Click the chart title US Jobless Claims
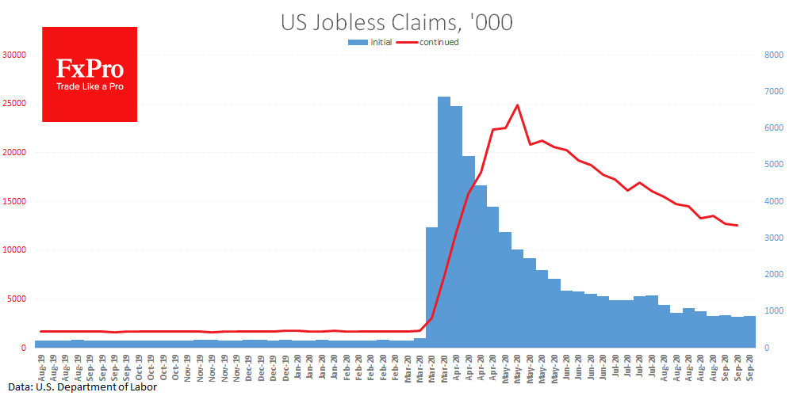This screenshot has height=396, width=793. pos(396,23)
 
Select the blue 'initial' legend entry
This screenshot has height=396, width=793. pos(368,42)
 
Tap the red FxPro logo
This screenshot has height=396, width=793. pos(90,74)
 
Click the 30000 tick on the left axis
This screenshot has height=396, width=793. pos(14,55)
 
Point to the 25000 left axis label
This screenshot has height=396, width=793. pos(14,104)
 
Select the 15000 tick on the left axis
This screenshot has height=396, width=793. pos(14,201)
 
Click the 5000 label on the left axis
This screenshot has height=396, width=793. pos(17,299)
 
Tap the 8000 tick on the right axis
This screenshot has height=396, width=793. pos(774,55)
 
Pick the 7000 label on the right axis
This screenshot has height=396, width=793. pos(774,92)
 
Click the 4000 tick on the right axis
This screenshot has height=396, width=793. pos(774,201)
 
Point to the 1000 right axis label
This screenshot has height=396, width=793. pos(774,311)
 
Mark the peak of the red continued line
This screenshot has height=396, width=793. pos(517,105)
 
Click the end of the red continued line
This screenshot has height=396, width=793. pos(737,226)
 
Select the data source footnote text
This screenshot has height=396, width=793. pos(79,387)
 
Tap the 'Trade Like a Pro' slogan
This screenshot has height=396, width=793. pos(90,86)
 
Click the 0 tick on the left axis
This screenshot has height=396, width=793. pos(24,348)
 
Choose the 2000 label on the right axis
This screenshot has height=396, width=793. pos(774,275)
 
